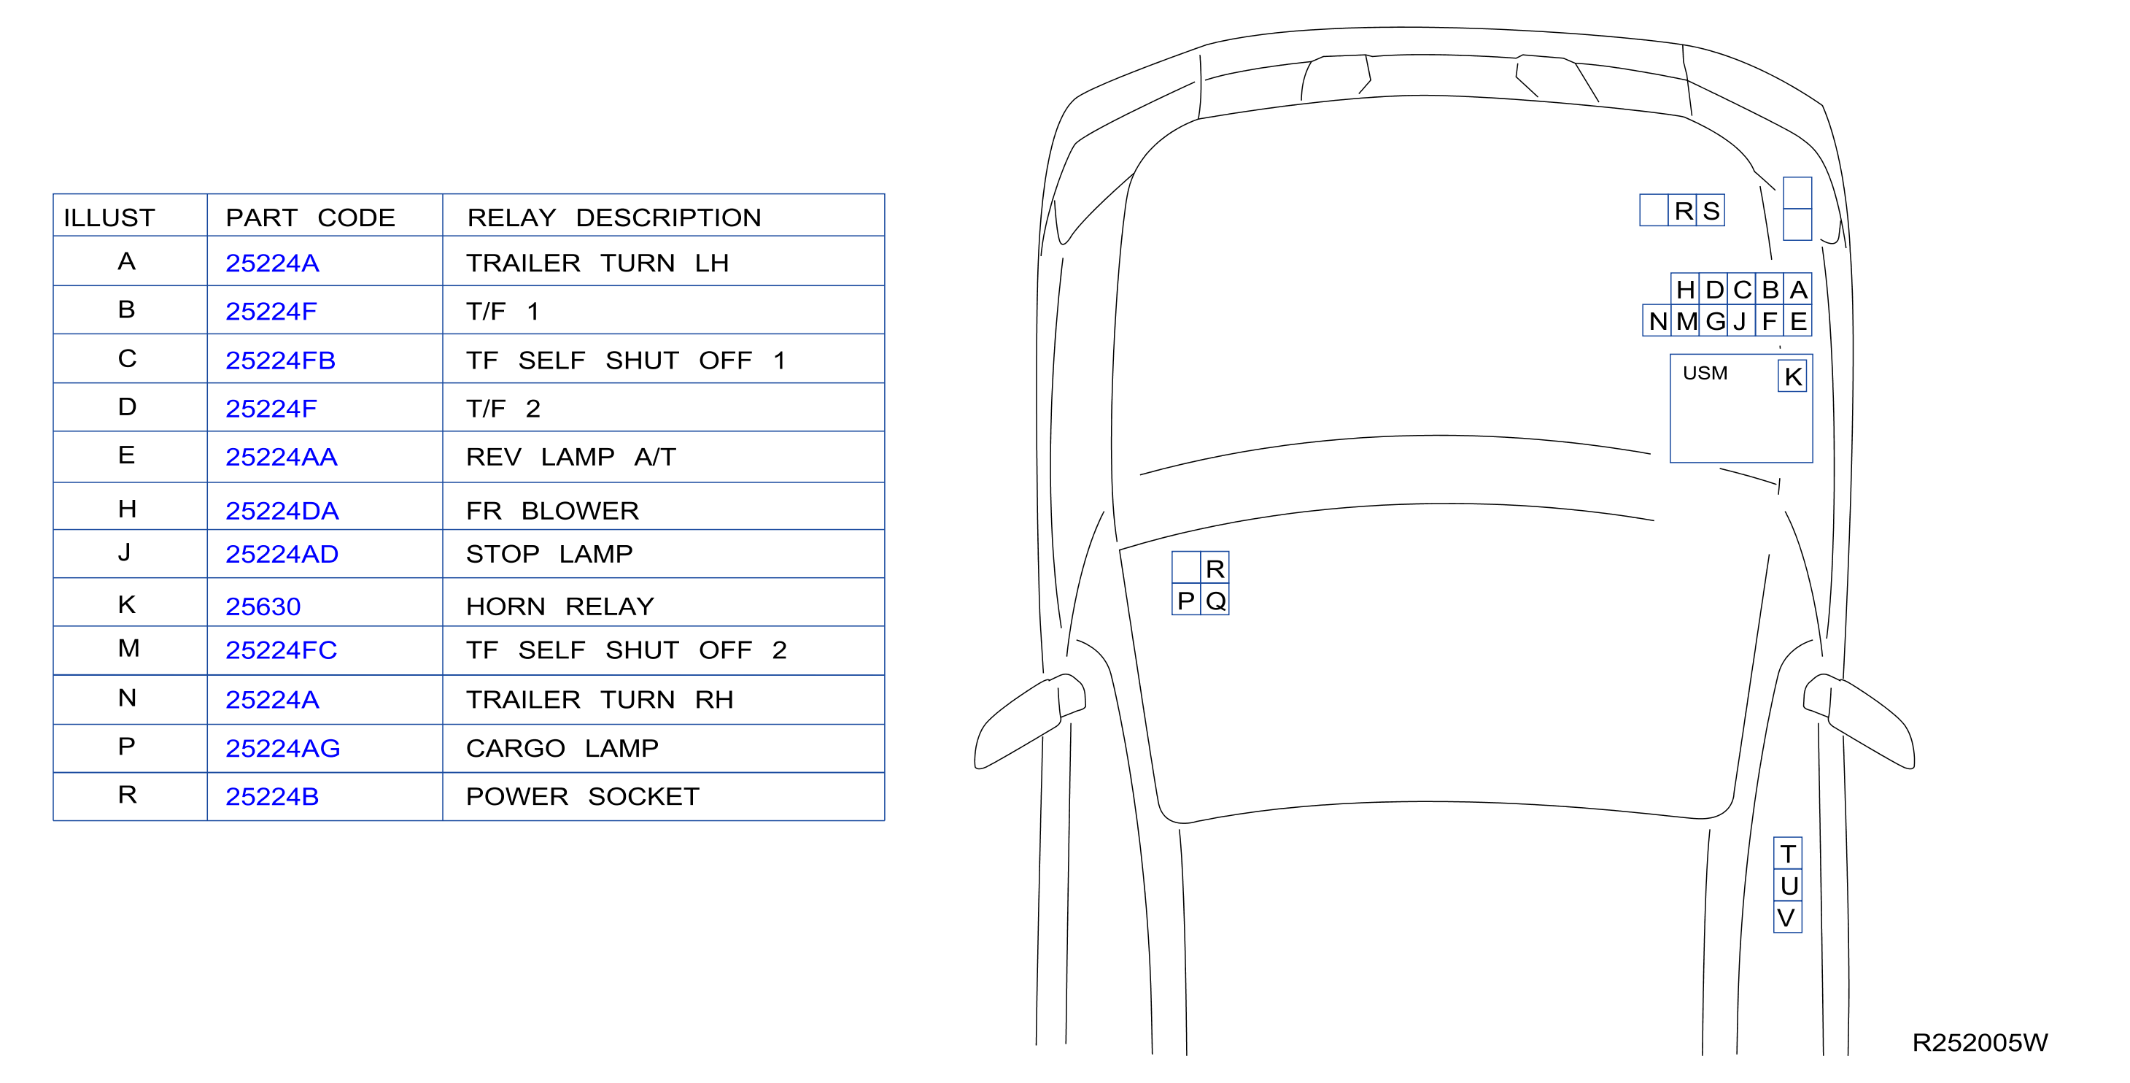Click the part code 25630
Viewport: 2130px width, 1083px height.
[x=263, y=606]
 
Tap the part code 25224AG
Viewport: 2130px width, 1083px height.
[x=283, y=748]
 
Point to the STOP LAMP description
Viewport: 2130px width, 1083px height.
[x=549, y=553]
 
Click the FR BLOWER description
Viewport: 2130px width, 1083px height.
[x=552, y=510]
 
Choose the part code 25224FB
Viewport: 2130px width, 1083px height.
[x=280, y=360]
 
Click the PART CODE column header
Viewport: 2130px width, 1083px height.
[x=310, y=217]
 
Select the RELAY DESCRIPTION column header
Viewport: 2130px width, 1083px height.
[x=613, y=217]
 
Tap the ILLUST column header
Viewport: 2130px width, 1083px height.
[x=109, y=217]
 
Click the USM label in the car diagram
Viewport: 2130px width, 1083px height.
[x=1705, y=373]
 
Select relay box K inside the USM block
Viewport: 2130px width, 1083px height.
[x=1793, y=377]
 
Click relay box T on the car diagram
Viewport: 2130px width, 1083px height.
[x=1788, y=853]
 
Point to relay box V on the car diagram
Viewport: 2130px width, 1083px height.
[x=1788, y=917]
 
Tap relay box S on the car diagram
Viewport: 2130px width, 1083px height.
[x=1711, y=210]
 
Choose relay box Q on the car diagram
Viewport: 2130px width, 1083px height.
[x=1215, y=600]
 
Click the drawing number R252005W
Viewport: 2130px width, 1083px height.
[x=1980, y=1042]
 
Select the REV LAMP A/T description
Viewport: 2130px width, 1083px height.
[x=571, y=457]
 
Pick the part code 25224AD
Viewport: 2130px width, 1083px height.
[x=282, y=553]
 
